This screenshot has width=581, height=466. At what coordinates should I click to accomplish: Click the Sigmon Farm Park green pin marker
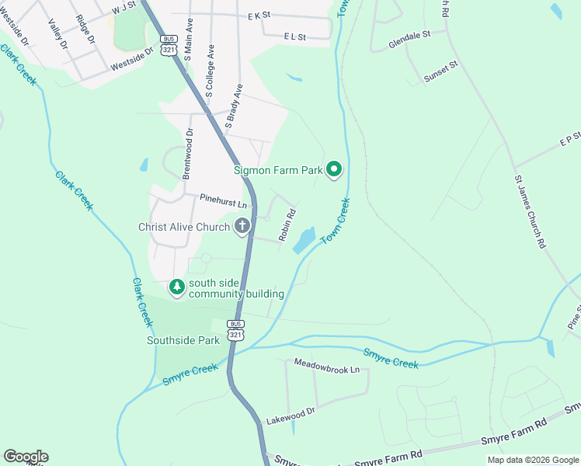334,169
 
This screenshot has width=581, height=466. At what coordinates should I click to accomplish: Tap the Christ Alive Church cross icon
242,227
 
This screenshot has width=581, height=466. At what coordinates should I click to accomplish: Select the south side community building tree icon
177,288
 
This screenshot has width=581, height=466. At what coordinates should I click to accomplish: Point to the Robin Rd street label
287,223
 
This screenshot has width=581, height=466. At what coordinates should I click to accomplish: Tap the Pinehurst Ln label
222,202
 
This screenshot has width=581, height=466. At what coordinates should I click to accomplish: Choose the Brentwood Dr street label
188,154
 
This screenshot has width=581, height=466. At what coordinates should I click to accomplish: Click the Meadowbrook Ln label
327,367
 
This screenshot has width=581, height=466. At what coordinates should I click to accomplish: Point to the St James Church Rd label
530,211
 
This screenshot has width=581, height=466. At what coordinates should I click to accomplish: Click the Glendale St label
409,40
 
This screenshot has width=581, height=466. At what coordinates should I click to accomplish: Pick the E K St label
259,15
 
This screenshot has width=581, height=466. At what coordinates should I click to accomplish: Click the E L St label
295,37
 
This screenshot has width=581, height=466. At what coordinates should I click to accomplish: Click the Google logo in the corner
25,457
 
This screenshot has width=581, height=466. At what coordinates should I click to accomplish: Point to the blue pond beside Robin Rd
304,241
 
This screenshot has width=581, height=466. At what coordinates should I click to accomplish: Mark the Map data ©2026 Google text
532,460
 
